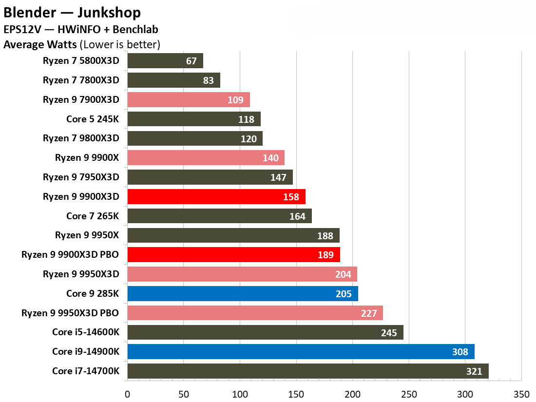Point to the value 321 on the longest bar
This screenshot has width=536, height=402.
point(474,371)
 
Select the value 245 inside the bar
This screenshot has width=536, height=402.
point(389,333)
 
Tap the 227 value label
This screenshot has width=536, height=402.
point(369,313)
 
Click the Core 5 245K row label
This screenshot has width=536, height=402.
point(93,119)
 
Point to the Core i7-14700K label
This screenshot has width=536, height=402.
point(86,371)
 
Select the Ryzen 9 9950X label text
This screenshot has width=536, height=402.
point(87,235)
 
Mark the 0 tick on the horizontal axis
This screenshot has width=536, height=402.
point(128,393)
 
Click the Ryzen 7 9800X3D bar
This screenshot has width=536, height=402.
point(194,138)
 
